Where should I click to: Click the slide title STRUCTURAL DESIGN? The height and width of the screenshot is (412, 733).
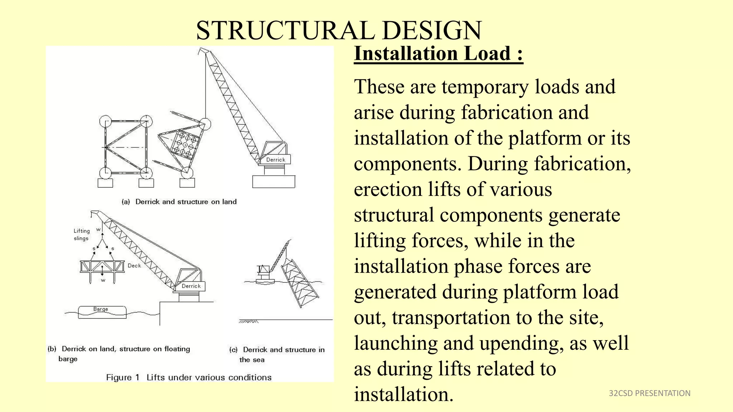pyautogui.click(x=339, y=30)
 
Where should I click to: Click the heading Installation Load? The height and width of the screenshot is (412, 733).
pyautogui.click(x=438, y=54)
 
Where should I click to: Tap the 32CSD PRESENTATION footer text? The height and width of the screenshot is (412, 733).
pyautogui.click(x=649, y=393)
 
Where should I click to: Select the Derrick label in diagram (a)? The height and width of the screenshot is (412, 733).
pyautogui.click(x=276, y=160)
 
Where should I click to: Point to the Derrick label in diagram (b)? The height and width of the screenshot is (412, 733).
pyautogui.click(x=191, y=286)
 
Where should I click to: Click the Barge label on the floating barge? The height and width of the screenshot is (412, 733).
pyautogui.click(x=101, y=309)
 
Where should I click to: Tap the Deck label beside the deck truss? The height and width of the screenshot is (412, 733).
pyautogui.click(x=134, y=266)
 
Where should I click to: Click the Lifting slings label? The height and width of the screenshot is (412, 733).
pyautogui.click(x=82, y=235)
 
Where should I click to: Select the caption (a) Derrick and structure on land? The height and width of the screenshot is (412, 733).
pyautogui.click(x=179, y=202)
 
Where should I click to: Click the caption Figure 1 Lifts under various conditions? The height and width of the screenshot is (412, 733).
pyautogui.click(x=189, y=377)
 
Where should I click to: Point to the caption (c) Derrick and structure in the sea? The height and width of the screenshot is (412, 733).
pyautogui.click(x=277, y=354)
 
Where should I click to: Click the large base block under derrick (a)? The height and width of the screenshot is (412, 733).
pyautogui.click(x=273, y=182)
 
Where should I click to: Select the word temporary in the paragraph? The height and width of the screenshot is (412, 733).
pyautogui.click(x=485, y=87)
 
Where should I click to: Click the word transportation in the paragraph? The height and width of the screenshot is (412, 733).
pyautogui.click(x=451, y=318)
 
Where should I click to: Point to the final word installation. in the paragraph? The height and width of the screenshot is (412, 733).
pyautogui.click(x=403, y=394)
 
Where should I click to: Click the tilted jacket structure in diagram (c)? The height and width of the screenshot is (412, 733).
pyautogui.click(x=300, y=283)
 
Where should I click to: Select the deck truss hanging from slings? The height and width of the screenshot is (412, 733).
pyautogui.click(x=102, y=267)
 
